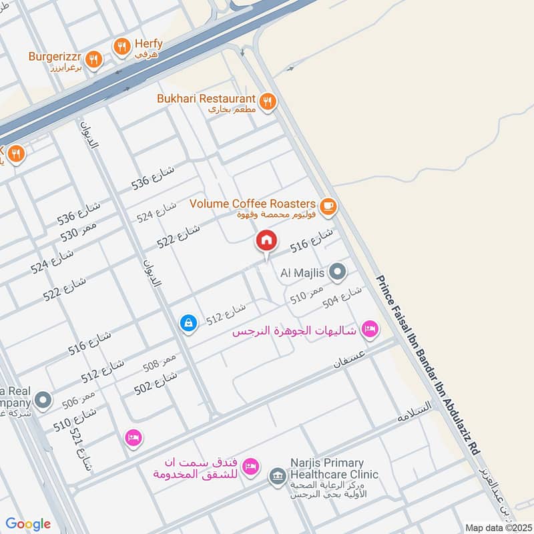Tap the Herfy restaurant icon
pos(121,46)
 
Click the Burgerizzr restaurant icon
pos(94,59)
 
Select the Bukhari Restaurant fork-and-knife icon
pos(267,101)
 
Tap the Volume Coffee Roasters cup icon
pos(327,206)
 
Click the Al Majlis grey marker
pos(338,272)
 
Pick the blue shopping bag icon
pos(189,323)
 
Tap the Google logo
pos(28,524)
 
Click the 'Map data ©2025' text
pos(497,527)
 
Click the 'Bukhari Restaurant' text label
pos(206,98)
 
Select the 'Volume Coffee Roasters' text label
pos(252,203)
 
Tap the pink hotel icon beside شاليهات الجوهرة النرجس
pos(369,328)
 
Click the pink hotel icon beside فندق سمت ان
pos(250,465)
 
